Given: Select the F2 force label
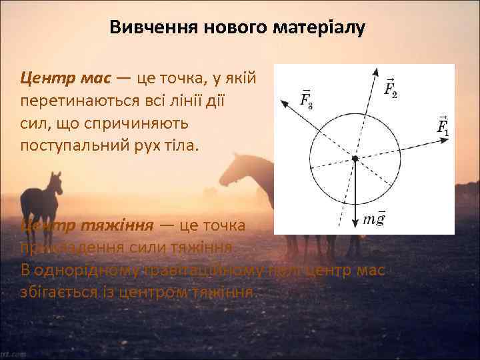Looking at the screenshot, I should pos(391,87).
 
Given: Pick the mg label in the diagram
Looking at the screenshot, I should pos(374,219).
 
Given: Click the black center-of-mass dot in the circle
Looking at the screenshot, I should pos(355,158).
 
